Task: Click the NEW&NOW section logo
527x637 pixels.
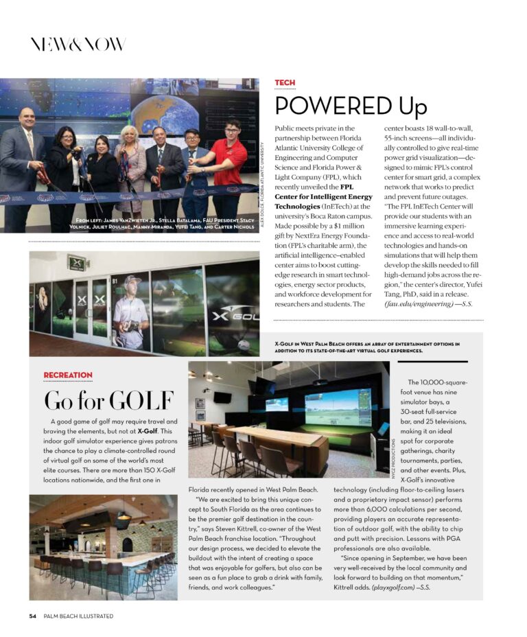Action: tap(78, 45)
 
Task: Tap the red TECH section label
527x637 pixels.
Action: tap(285, 83)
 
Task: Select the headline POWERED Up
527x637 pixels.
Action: tap(351, 106)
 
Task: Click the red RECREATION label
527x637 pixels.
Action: tap(67, 375)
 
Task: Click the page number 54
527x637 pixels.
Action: tap(32, 616)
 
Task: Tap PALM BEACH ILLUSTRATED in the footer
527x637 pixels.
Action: tap(78, 616)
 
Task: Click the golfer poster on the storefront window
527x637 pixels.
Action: tap(130, 310)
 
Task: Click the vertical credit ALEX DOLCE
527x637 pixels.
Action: tap(263, 179)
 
